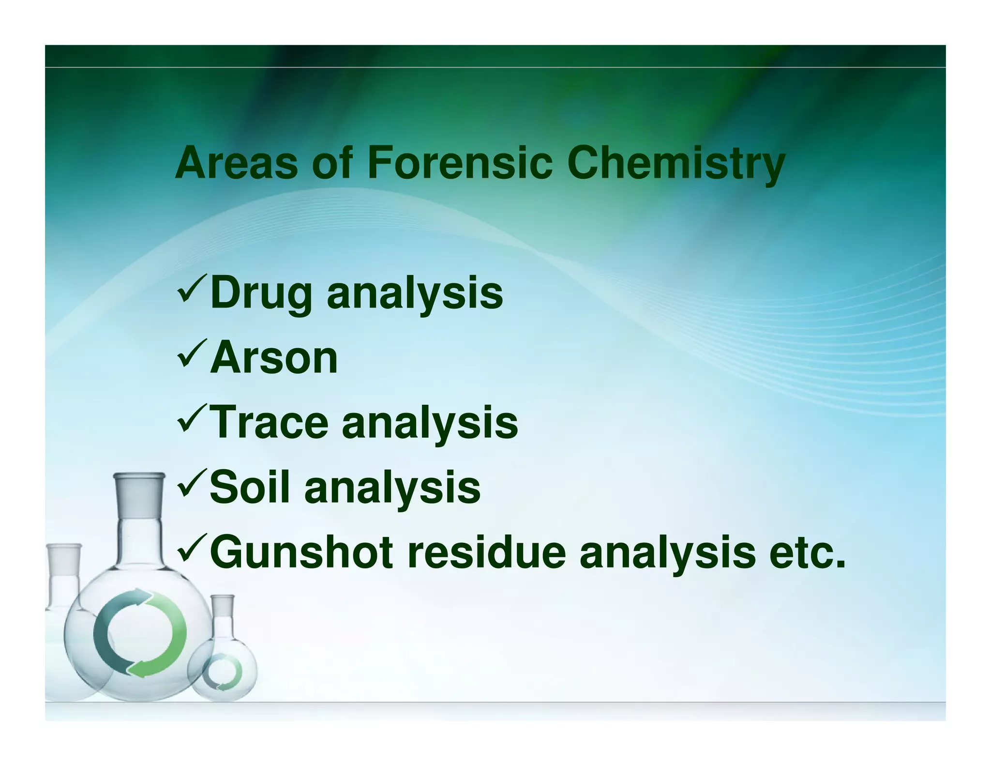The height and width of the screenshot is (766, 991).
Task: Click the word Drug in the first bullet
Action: click(x=261, y=293)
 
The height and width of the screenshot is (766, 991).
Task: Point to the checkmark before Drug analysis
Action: click(x=192, y=290)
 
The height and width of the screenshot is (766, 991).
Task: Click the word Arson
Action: click(x=274, y=358)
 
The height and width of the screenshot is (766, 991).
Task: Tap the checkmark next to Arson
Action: click(x=192, y=354)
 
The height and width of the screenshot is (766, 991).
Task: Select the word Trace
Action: click(x=270, y=422)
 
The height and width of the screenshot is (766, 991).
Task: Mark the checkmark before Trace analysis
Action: click(x=192, y=419)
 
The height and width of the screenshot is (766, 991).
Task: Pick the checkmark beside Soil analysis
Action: click(x=192, y=484)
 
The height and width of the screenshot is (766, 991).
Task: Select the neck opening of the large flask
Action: click(x=139, y=477)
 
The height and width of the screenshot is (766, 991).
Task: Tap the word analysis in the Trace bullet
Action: click(x=430, y=423)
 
